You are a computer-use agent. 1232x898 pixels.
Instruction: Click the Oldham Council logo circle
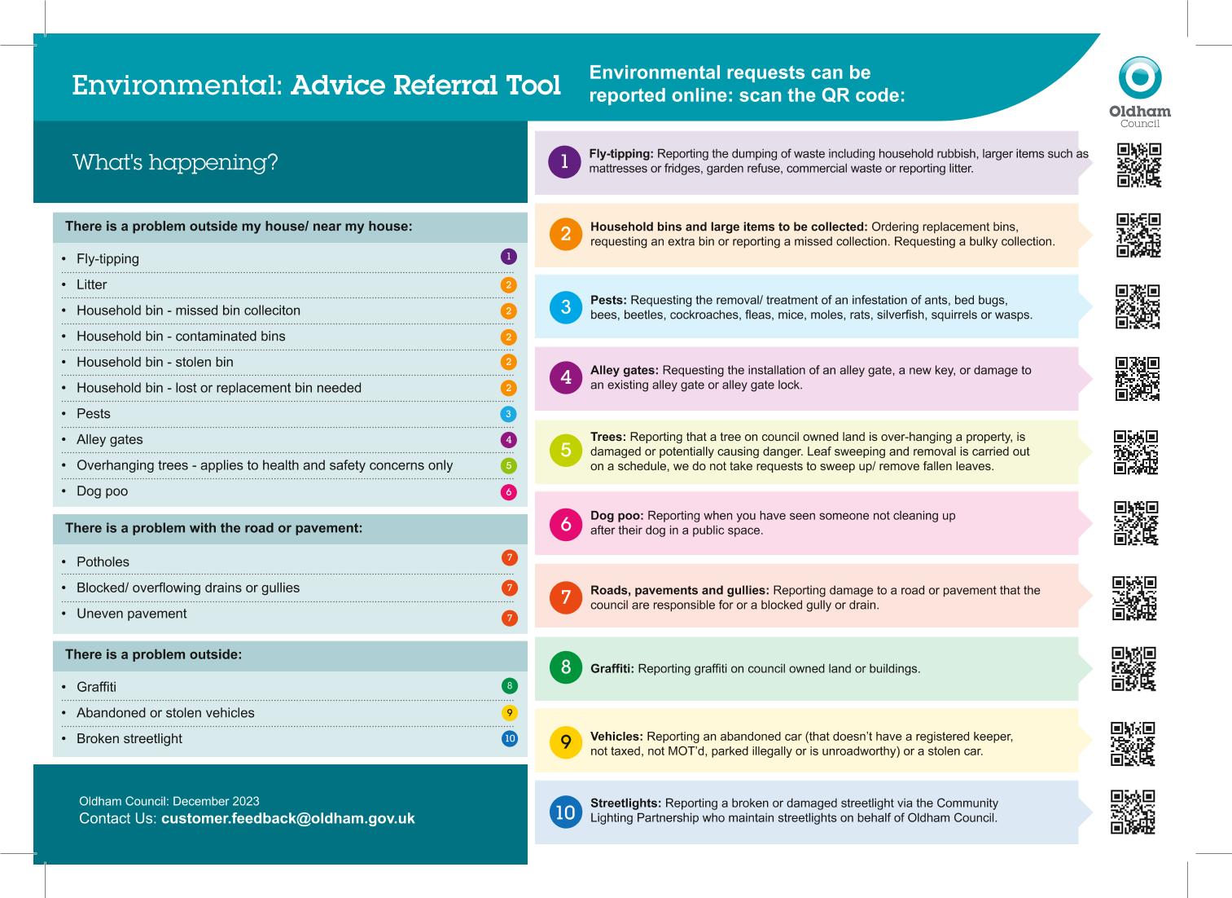pyautogui.click(x=1139, y=77)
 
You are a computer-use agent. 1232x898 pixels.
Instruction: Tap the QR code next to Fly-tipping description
pyautogui.click(x=1138, y=165)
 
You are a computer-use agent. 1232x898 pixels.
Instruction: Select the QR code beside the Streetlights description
pyautogui.click(x=1133, y=812)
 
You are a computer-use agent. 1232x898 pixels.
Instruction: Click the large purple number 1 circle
pyautogui.click(x=564, y=161)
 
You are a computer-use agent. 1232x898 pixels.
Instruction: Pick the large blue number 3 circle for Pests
pyautogui.click(x=566, y=307)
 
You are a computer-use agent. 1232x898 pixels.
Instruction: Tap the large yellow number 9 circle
pyautogui.click(x=566, y=742)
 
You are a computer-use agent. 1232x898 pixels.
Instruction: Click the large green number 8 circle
pyautogui.click(x=566, y=667)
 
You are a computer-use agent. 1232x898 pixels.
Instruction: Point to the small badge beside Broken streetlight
pyautogui.click(x=510, y=739)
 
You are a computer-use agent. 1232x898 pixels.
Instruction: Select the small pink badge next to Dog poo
pyautogui.click(x=509, y=492)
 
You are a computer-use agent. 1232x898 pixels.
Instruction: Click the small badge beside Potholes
pyautogui.click(x=510, y=558)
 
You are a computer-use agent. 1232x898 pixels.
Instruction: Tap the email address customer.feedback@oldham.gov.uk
pyautogui.click(x=288, y=818)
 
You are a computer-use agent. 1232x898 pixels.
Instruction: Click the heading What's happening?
pyautogui.click(x=175, y=162)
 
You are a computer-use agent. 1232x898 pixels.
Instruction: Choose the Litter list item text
pyautogui.click(x=91, y=284)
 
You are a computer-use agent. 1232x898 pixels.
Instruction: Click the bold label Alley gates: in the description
pyautogui.click(x=624, y=370)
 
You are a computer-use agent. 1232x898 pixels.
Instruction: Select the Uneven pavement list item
pyautogui.click(x=131, y=614)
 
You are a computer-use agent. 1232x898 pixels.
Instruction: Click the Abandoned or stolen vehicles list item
pyautogui.click(x=165, y=713)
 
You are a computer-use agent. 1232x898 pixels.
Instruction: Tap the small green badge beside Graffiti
pyautogui.click(x=510, y=686)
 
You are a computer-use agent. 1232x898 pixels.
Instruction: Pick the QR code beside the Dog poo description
pyautogui.click(x=1136, y=523)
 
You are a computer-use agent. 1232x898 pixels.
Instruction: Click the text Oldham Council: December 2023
pyautogui.click(x=169, y=801)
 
